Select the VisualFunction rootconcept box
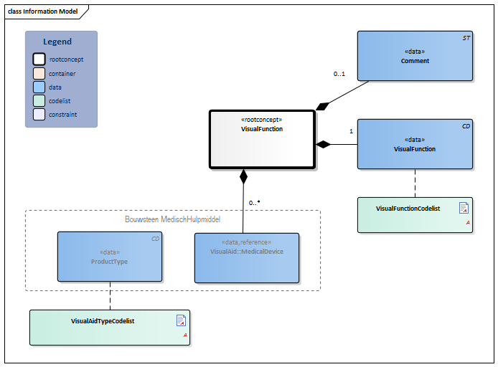pyautogui.click(x=262, y=139)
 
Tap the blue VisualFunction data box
pyautogui.click(x=415, y=144)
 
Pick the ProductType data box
pyautogui.click(x=110, y=257)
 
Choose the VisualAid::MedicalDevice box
pyautogui.click(x=247, y=257)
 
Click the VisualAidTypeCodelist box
pyautogui.click(x=110, y=328)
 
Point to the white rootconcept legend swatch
pyautogui.click(x=39, y=60)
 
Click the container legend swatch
pyautogui.click(x=39, y=74)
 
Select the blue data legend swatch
pyautogui.click(x=39, y=87)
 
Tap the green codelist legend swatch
pyautogui.click(x=39, y=101)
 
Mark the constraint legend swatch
pyautogui.click(x=39, y=115)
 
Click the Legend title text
pyautogui.click(x=57, y=42)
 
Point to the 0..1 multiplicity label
pyautogui.click(x=340, y=74)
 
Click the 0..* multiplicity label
pyautogui.click(x=255, y=203)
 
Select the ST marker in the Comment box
pyautogui.click(x=465, y=37)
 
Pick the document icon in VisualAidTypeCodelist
pyautogui.click(x=181, y=320)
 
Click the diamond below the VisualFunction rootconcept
pyautogui.click(x=243, y=176)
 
